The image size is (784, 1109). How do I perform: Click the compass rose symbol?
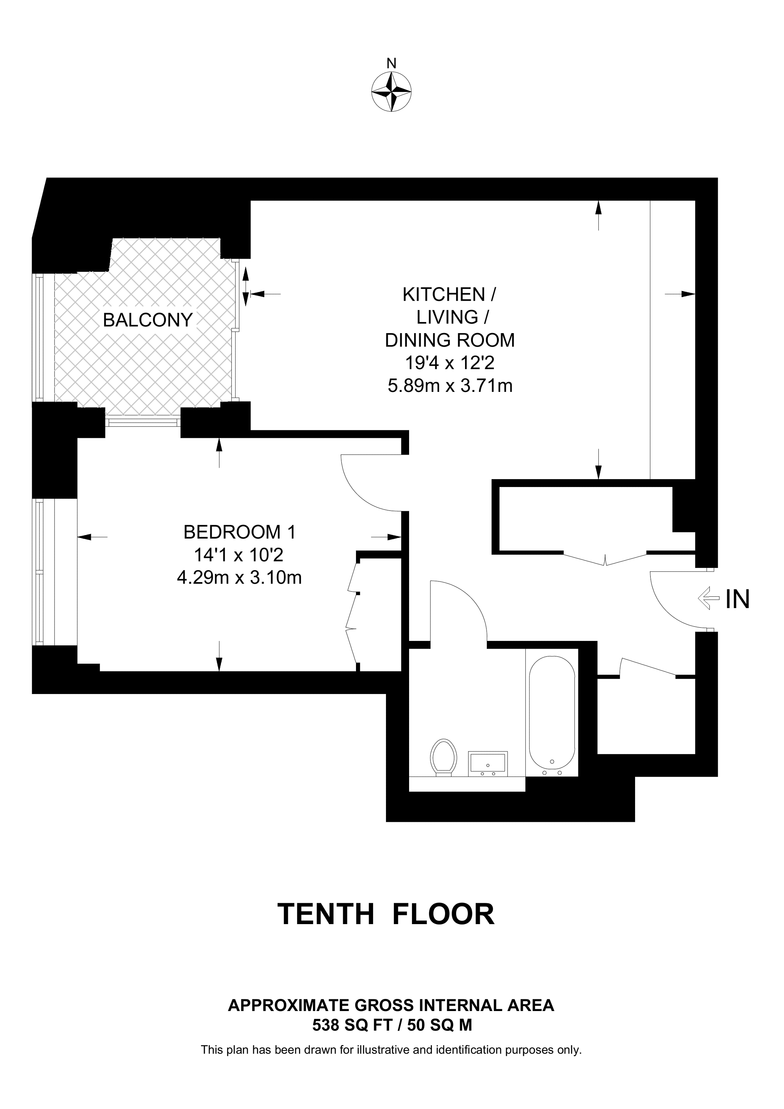[x=391, y=92]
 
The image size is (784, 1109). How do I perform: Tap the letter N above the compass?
[x=391, y=63]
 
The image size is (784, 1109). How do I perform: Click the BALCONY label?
[x=148, y=320]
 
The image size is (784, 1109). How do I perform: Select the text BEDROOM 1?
[x=239, y=532]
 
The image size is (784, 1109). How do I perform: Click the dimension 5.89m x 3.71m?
[x=450, y=386]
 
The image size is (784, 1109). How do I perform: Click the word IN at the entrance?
[x=737, y=600]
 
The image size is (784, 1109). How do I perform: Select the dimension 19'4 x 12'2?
[x=450, y=363]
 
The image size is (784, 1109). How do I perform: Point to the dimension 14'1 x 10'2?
[x=239, y=555]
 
